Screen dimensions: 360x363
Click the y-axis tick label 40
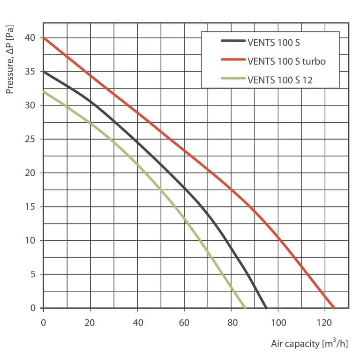click(x=30, y=38)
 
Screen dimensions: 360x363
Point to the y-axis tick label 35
click(x=30, y=72)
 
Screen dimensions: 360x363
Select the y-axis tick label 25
click(x=30, y=139)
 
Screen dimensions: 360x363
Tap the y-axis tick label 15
click(x=30, y=207)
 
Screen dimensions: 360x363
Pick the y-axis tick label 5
click(x=33, y=274)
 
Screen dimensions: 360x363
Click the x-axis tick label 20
click(x=90, y=323)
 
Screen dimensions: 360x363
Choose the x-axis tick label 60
click(x=184, y=323)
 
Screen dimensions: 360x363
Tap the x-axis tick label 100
click(x=278, y=323)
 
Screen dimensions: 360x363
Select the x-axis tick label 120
click(x=325, y=323)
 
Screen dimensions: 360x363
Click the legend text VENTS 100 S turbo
click(x=286, y=61)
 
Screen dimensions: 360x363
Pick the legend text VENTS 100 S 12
click(x=280, y=80)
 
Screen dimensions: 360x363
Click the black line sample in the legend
click(x=233, y=41)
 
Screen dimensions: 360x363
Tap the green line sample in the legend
click(x=233, y=78)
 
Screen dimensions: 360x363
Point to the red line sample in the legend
click(x=233, y=59)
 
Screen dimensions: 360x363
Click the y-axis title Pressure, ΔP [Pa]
click(x=10, y=59)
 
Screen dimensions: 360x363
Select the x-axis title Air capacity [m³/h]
click(x=309, y=343)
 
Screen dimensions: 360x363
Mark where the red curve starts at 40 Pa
click(x=44, y=38)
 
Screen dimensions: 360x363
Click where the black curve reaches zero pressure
click(x=266, y=308)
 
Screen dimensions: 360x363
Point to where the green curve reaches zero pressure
click(x=245, y=308)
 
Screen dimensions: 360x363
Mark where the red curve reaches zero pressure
click(x=334, y=308)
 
